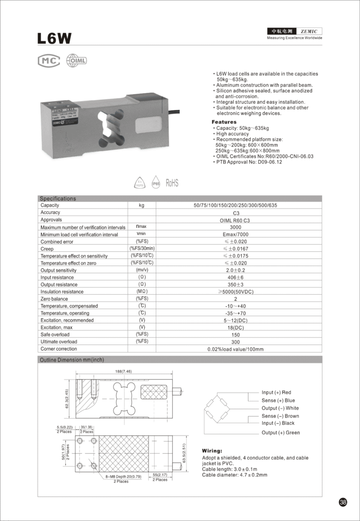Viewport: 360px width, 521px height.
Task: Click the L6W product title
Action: pos(54,38)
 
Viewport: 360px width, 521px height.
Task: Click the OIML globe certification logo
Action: pos(76,61)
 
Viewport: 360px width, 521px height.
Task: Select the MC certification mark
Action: pos(49,61)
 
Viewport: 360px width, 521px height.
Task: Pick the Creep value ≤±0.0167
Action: pos(236,249)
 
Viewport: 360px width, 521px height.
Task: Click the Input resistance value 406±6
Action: pos(236,277)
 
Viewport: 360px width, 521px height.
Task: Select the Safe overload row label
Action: pos(55,334)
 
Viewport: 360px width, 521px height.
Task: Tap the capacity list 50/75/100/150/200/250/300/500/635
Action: pos(236,205)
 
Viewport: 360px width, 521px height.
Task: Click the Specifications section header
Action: pos(58,198)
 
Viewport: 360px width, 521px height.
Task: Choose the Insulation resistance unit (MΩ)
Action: pos(142,292)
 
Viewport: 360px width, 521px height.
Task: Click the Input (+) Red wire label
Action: pos(276,392)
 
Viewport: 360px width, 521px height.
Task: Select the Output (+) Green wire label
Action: pos(281,432)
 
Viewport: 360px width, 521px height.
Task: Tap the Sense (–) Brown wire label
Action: pos(281,416)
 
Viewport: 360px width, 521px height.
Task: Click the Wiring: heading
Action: pos(212,451)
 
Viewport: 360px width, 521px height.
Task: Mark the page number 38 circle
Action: pos(343,503)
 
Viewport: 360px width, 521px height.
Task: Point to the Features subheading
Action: pos(224,122)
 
